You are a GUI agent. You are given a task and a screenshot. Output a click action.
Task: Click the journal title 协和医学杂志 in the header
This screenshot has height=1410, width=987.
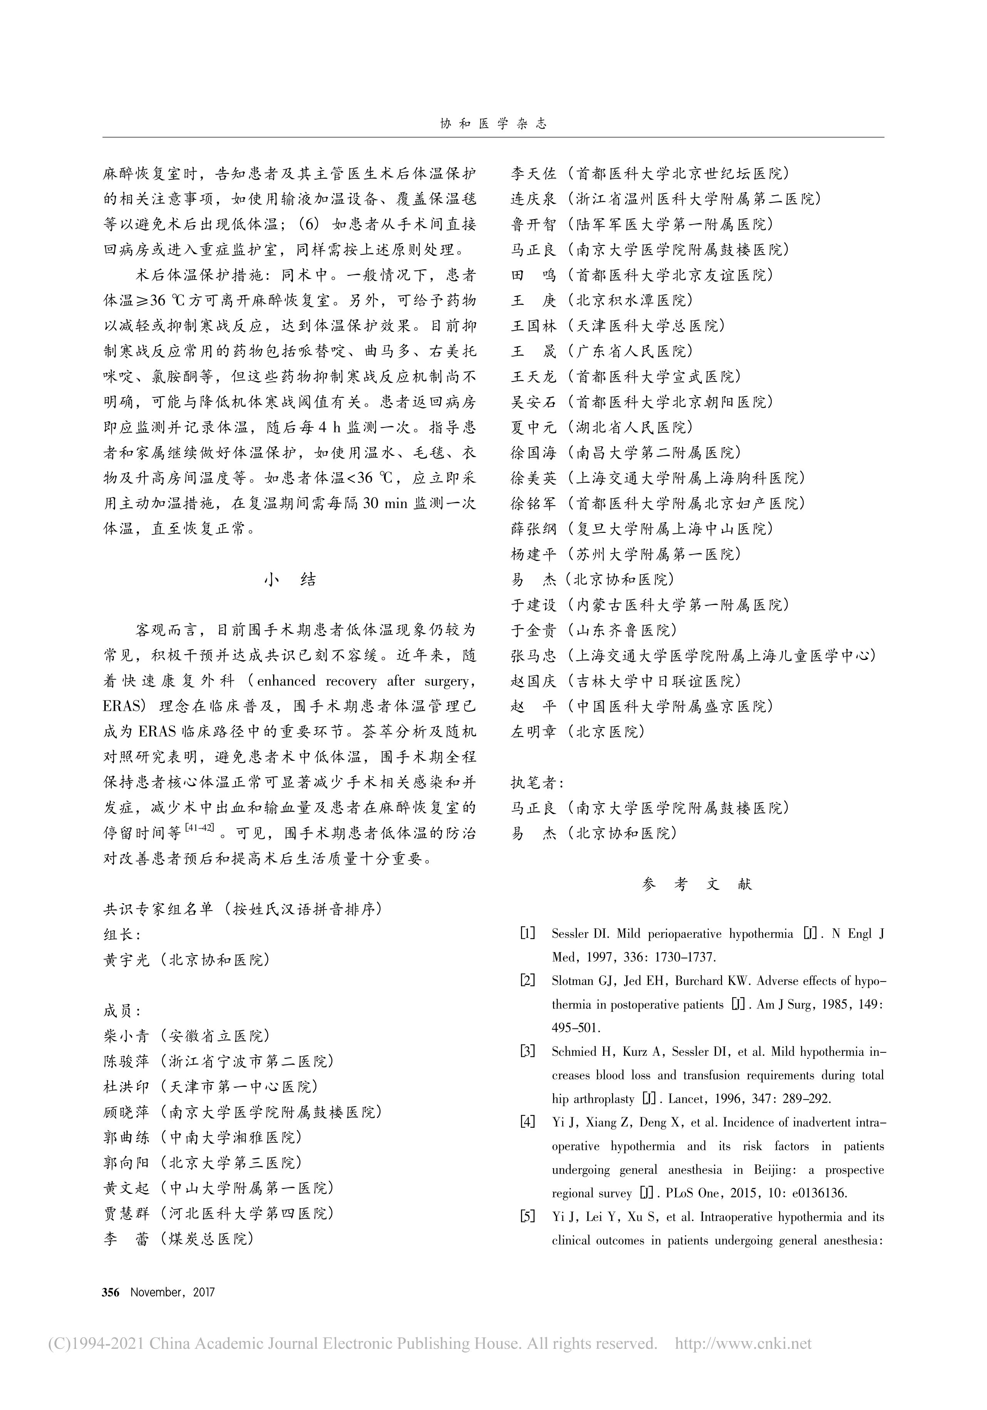(x=493, y=124)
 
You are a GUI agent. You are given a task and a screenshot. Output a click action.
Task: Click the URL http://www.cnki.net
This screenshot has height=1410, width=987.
(x=743, y=1344)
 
